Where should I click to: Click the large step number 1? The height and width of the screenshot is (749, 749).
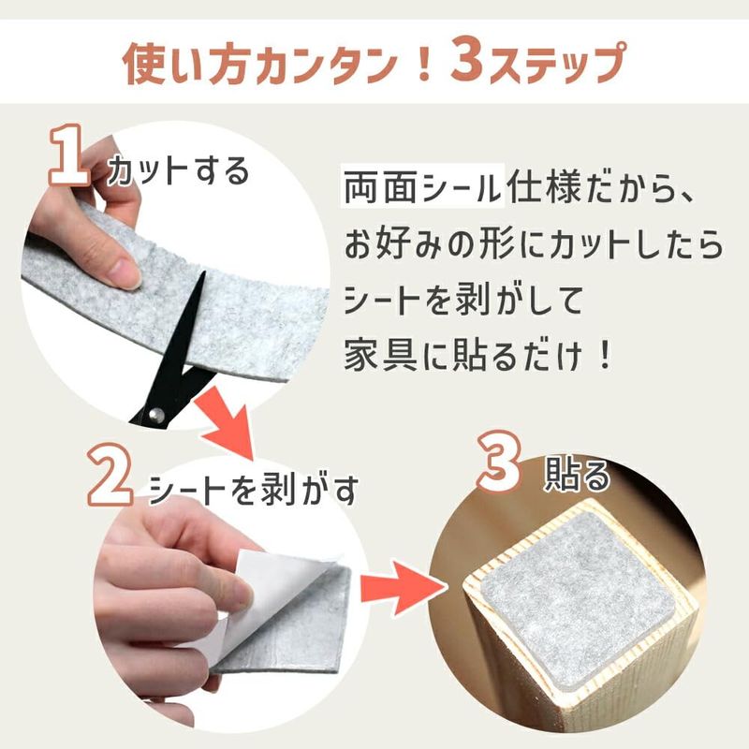coord(70,154)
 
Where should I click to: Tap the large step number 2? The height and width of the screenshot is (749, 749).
coord(110,475)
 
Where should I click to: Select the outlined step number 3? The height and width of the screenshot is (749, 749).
coord(499,462)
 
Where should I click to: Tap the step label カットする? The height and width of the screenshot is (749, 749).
coord(179,172)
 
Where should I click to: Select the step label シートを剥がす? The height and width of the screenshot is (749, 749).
coord(254,490)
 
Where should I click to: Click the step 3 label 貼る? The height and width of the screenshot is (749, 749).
coord(577,475)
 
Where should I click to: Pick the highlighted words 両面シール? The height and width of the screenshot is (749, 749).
coord(422,186)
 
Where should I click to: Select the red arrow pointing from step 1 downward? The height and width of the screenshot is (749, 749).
coord(228,420)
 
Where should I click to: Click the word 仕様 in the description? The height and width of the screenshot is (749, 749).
coord(543,186)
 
